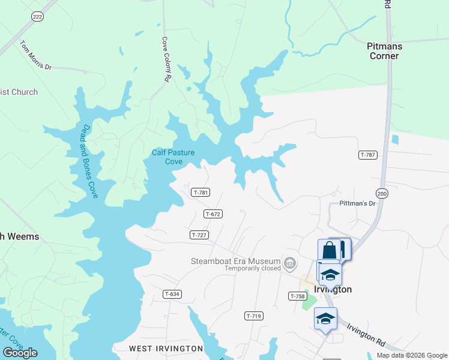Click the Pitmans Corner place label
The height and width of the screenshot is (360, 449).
coord(384,51)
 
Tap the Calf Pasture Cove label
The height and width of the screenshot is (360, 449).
coord(173,157)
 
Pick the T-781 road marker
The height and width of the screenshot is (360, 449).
coord(200,193)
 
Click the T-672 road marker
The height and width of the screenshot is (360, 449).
coord(213,214)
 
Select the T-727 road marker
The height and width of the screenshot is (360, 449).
coord(199,235)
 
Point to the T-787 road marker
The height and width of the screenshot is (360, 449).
coord(368,155)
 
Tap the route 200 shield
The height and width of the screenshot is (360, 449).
coord(382,193)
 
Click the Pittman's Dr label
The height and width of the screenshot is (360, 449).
coord(357,204)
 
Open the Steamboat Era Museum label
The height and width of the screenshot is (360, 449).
coord(236,261)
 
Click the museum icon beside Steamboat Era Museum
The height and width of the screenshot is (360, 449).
coord(291,262)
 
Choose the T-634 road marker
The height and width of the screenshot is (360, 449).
coord(172,294)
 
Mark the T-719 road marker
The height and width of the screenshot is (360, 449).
coord(254,316)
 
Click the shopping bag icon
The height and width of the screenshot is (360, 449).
coord(330,250)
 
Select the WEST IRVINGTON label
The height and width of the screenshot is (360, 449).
coord(166,348)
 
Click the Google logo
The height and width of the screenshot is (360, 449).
coord(20,353)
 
